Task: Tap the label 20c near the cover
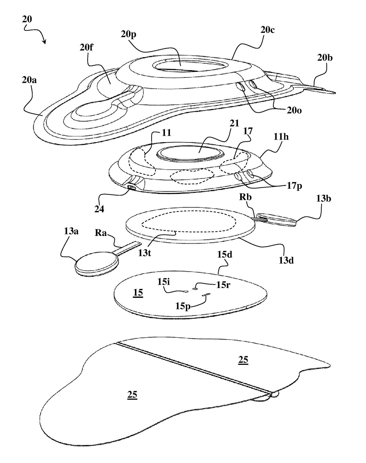tap(267, 30)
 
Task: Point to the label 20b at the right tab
tap(325, 58)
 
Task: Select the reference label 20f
tap(86, 47)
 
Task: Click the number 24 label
tap(99, 209)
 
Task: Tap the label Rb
tap(245, 197)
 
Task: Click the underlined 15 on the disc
tap(138, 293)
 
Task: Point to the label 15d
tap(225, 254)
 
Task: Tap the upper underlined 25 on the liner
tap(243, 360)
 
